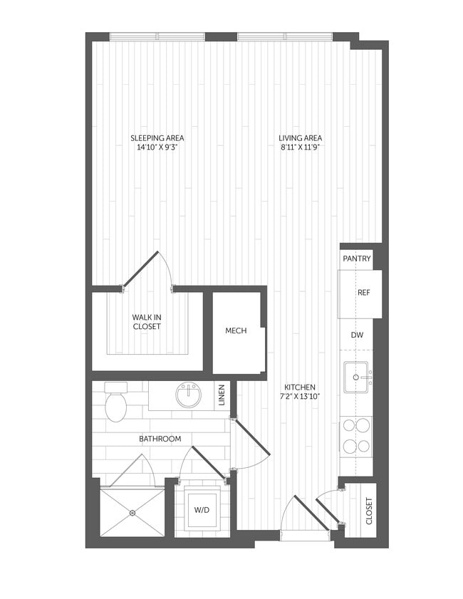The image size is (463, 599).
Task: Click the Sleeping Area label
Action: point(152,138)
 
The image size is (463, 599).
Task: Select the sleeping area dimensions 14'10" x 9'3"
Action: point(152,148)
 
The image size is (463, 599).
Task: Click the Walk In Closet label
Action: point(147,322)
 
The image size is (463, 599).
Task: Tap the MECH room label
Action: point(236,331)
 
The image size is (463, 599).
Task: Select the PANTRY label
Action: point(356,259)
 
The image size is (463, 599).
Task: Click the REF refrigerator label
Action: point(363,293)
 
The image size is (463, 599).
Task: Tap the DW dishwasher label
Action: point(356,334)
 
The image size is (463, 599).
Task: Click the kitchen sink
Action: point(355,377)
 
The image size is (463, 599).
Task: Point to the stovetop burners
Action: point(355,436)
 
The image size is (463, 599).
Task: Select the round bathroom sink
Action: point(189,396)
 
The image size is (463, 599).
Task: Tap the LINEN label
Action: point(222,396)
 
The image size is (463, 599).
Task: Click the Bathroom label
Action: point(160,439)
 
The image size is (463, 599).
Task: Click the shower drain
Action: point(132,511)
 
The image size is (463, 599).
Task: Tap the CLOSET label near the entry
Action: point(369,511)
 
